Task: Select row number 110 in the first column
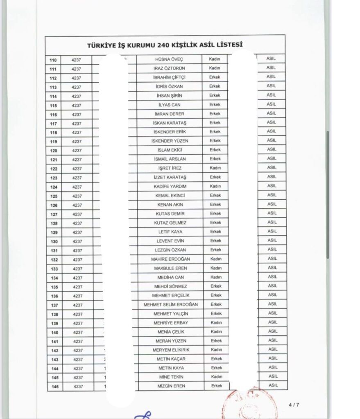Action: coord(53,60)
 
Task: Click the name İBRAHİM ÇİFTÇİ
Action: coord(170,77)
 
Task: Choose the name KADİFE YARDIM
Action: coord(170,187)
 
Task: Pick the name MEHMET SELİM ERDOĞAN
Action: coord(170,304)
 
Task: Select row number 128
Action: coord(54,223)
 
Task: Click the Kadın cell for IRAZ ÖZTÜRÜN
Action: coord(215,68)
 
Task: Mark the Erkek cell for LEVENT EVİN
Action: coord(215,241)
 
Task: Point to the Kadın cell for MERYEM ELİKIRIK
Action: coord(216,349)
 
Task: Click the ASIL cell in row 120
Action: coord(272,149)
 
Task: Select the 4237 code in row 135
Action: coord(77,287)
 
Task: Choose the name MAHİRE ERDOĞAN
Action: coord(170,259)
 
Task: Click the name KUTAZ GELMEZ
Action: coord(170,223)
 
